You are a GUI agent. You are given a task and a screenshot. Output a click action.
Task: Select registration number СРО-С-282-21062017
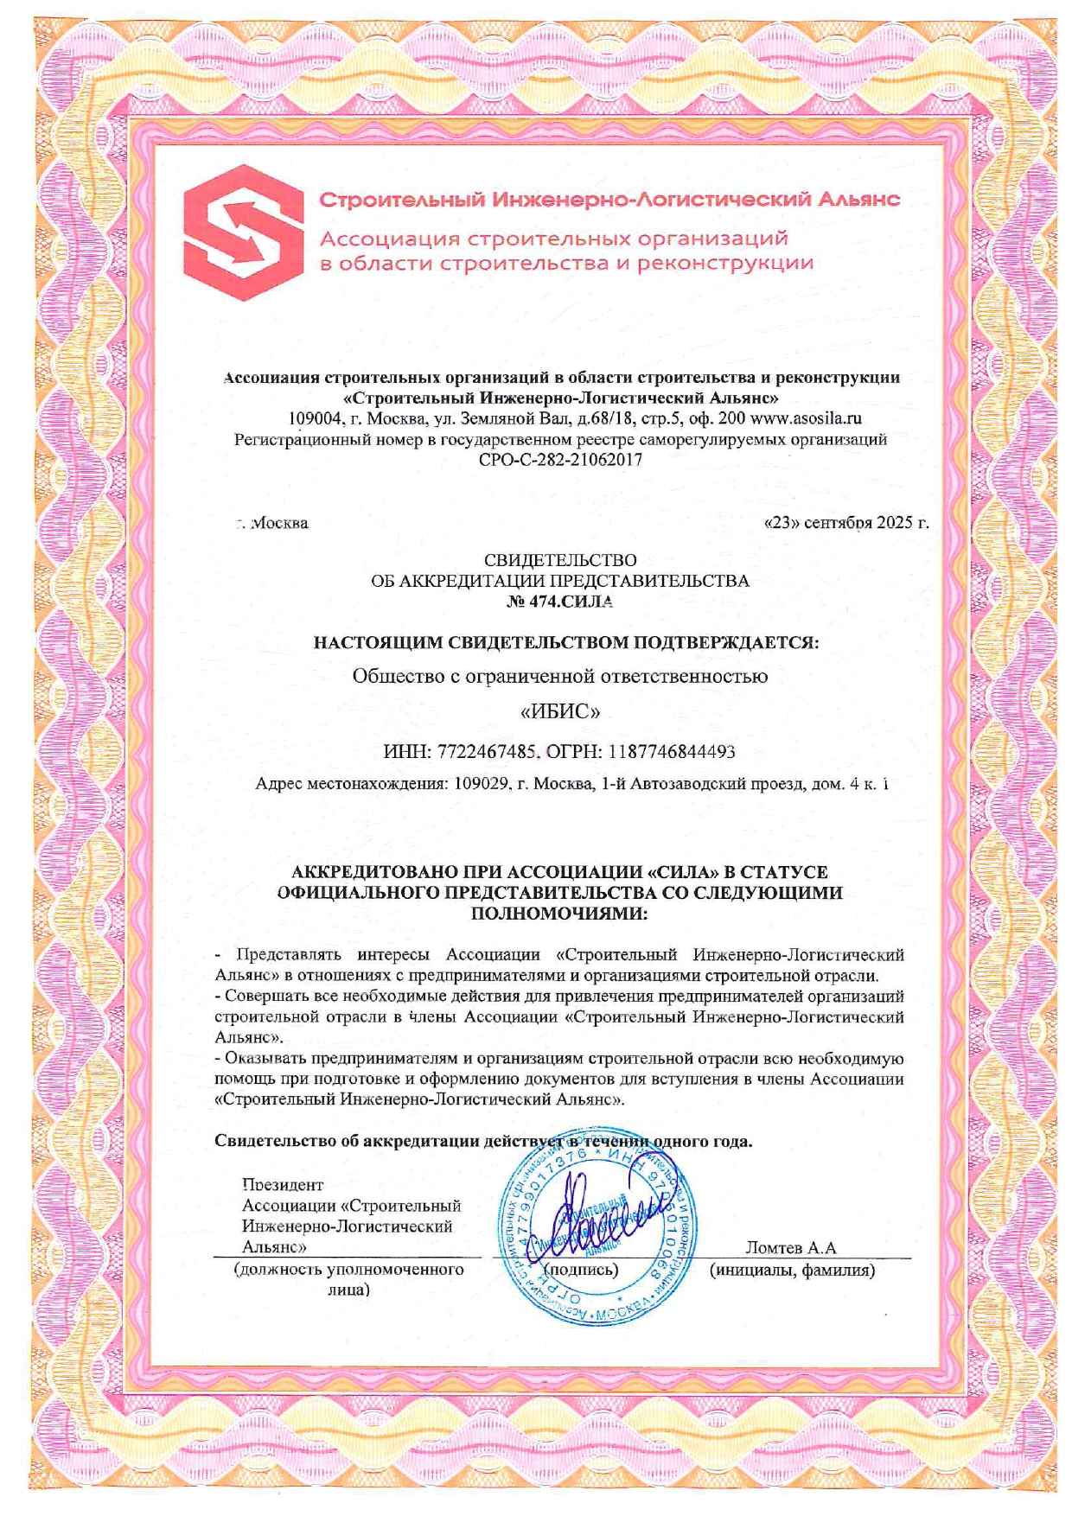560,460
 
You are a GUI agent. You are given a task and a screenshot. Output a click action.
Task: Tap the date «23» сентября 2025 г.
846,523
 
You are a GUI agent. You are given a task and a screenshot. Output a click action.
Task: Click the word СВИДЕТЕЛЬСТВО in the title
560,561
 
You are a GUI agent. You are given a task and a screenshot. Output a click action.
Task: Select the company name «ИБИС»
560,712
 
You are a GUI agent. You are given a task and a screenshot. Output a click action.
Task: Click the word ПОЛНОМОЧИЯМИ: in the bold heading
560,913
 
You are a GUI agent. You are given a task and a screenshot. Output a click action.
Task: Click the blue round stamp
597,1232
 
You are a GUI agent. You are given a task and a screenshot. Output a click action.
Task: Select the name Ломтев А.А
790,1247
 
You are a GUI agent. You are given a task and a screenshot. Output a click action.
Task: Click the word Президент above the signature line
283,1185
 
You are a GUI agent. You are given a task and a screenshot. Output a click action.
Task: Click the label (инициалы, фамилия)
792,1271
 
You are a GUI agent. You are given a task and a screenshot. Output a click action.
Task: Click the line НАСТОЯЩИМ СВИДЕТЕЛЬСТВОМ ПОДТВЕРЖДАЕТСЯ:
565,642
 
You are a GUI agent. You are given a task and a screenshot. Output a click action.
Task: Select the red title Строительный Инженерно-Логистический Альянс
610,200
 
